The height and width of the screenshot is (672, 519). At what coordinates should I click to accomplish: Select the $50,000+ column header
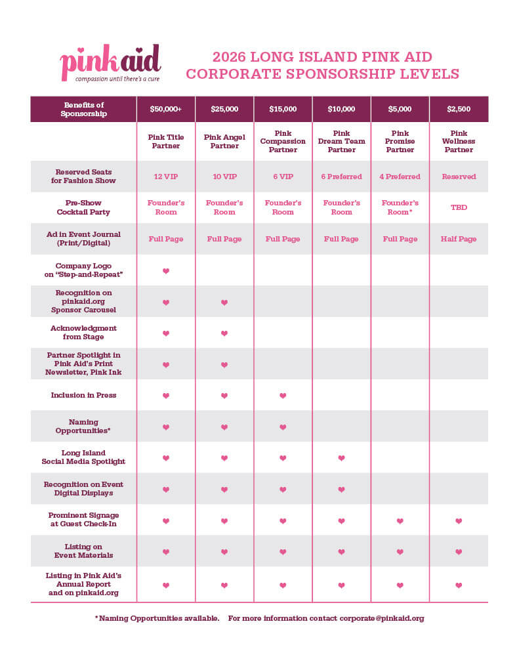pyautogui.click(x=165, y=109)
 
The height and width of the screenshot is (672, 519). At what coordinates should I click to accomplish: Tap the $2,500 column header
pyautogui.click(x=459, y=109)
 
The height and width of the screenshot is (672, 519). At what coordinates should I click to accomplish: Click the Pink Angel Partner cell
pyautogui.click(x=224, y=142)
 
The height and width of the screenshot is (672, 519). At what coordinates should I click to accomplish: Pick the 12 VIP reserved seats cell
pyautogui.click(x=165, y=177)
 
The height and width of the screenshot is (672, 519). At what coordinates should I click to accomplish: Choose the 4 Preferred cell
pyautogui.click(x=400, y=177)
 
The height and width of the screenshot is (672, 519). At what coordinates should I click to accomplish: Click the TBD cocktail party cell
pyautogui.click(x=459, y=207)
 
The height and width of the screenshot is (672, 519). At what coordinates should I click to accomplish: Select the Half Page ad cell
pyautogui.click(x=459, y=239)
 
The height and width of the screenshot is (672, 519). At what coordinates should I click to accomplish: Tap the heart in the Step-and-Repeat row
pyautogui.click(x=165, y=271)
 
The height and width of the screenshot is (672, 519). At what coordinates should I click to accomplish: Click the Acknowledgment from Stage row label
pyautogui.click(x=83, y=333)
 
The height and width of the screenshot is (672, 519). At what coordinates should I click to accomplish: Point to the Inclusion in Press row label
pyautogui.click(x=83, y=395)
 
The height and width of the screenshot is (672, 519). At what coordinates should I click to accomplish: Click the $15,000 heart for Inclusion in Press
pyautogui.click(x=283, y=396)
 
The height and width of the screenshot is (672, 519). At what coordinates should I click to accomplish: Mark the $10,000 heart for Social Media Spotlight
pyautogui.click(x=341, y=458)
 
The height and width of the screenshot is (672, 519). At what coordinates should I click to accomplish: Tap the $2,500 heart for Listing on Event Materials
pyautogui.click(x=459, y=552)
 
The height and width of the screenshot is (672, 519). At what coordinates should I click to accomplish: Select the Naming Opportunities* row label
pyautogui.click(x=83, y=427)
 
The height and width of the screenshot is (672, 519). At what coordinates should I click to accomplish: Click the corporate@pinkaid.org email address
pyautogui.click(x=382, y=618)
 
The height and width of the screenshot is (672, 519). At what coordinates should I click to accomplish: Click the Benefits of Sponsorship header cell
pyautogui.click(x=83, y=109)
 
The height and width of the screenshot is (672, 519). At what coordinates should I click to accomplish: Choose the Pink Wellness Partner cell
pyautogui.click(x=459, y=142)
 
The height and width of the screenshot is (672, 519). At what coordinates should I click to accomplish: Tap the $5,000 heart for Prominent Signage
pyautogui.click(x=400, y=521)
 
